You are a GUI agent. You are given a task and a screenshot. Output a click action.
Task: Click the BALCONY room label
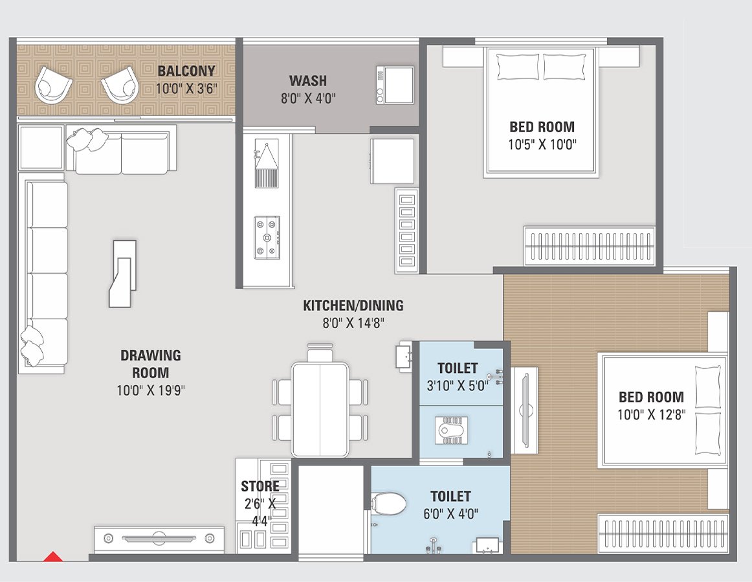tap(186, 71)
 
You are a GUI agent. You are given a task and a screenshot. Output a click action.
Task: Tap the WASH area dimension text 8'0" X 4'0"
tap(308, 98)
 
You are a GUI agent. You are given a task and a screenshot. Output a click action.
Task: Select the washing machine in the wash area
tap(394, 85)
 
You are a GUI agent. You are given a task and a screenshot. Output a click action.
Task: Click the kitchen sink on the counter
tap(266, 164)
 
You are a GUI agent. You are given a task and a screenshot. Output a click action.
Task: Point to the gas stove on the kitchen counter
tap(268, 237)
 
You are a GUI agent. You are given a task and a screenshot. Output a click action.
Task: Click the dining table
tap(320, 409)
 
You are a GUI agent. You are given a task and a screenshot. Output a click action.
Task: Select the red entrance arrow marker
tap(52, 556)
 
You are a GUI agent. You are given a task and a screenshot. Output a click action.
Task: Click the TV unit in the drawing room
tap(159, 538)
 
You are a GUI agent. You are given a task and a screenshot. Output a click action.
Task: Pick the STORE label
tap(260, 486)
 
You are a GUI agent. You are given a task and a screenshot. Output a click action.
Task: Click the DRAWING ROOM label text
tap(151, 364)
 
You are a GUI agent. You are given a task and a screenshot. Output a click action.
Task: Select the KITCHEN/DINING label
tap(353, 306)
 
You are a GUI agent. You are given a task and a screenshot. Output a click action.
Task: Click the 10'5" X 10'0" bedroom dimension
tap(542, 144)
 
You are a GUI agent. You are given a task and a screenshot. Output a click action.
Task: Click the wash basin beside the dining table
tap(404, 357)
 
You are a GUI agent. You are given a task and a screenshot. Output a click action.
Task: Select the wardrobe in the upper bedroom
tap(590, 245)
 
